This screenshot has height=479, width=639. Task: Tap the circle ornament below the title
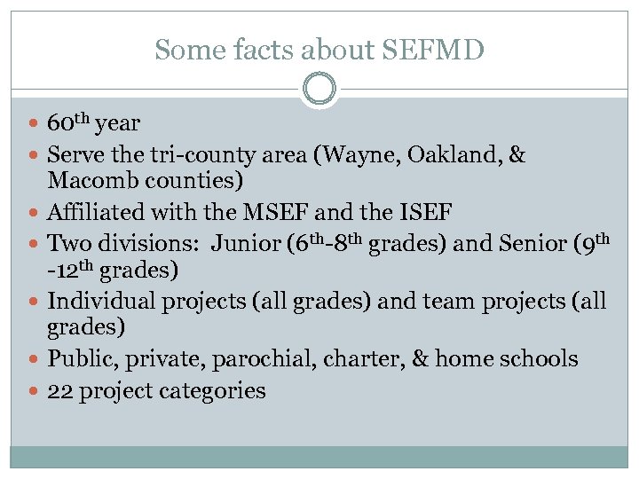[x=319, y=90]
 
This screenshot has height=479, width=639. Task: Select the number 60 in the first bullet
[x=61, y=123]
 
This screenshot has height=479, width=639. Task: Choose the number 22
[x=59, y=390]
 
